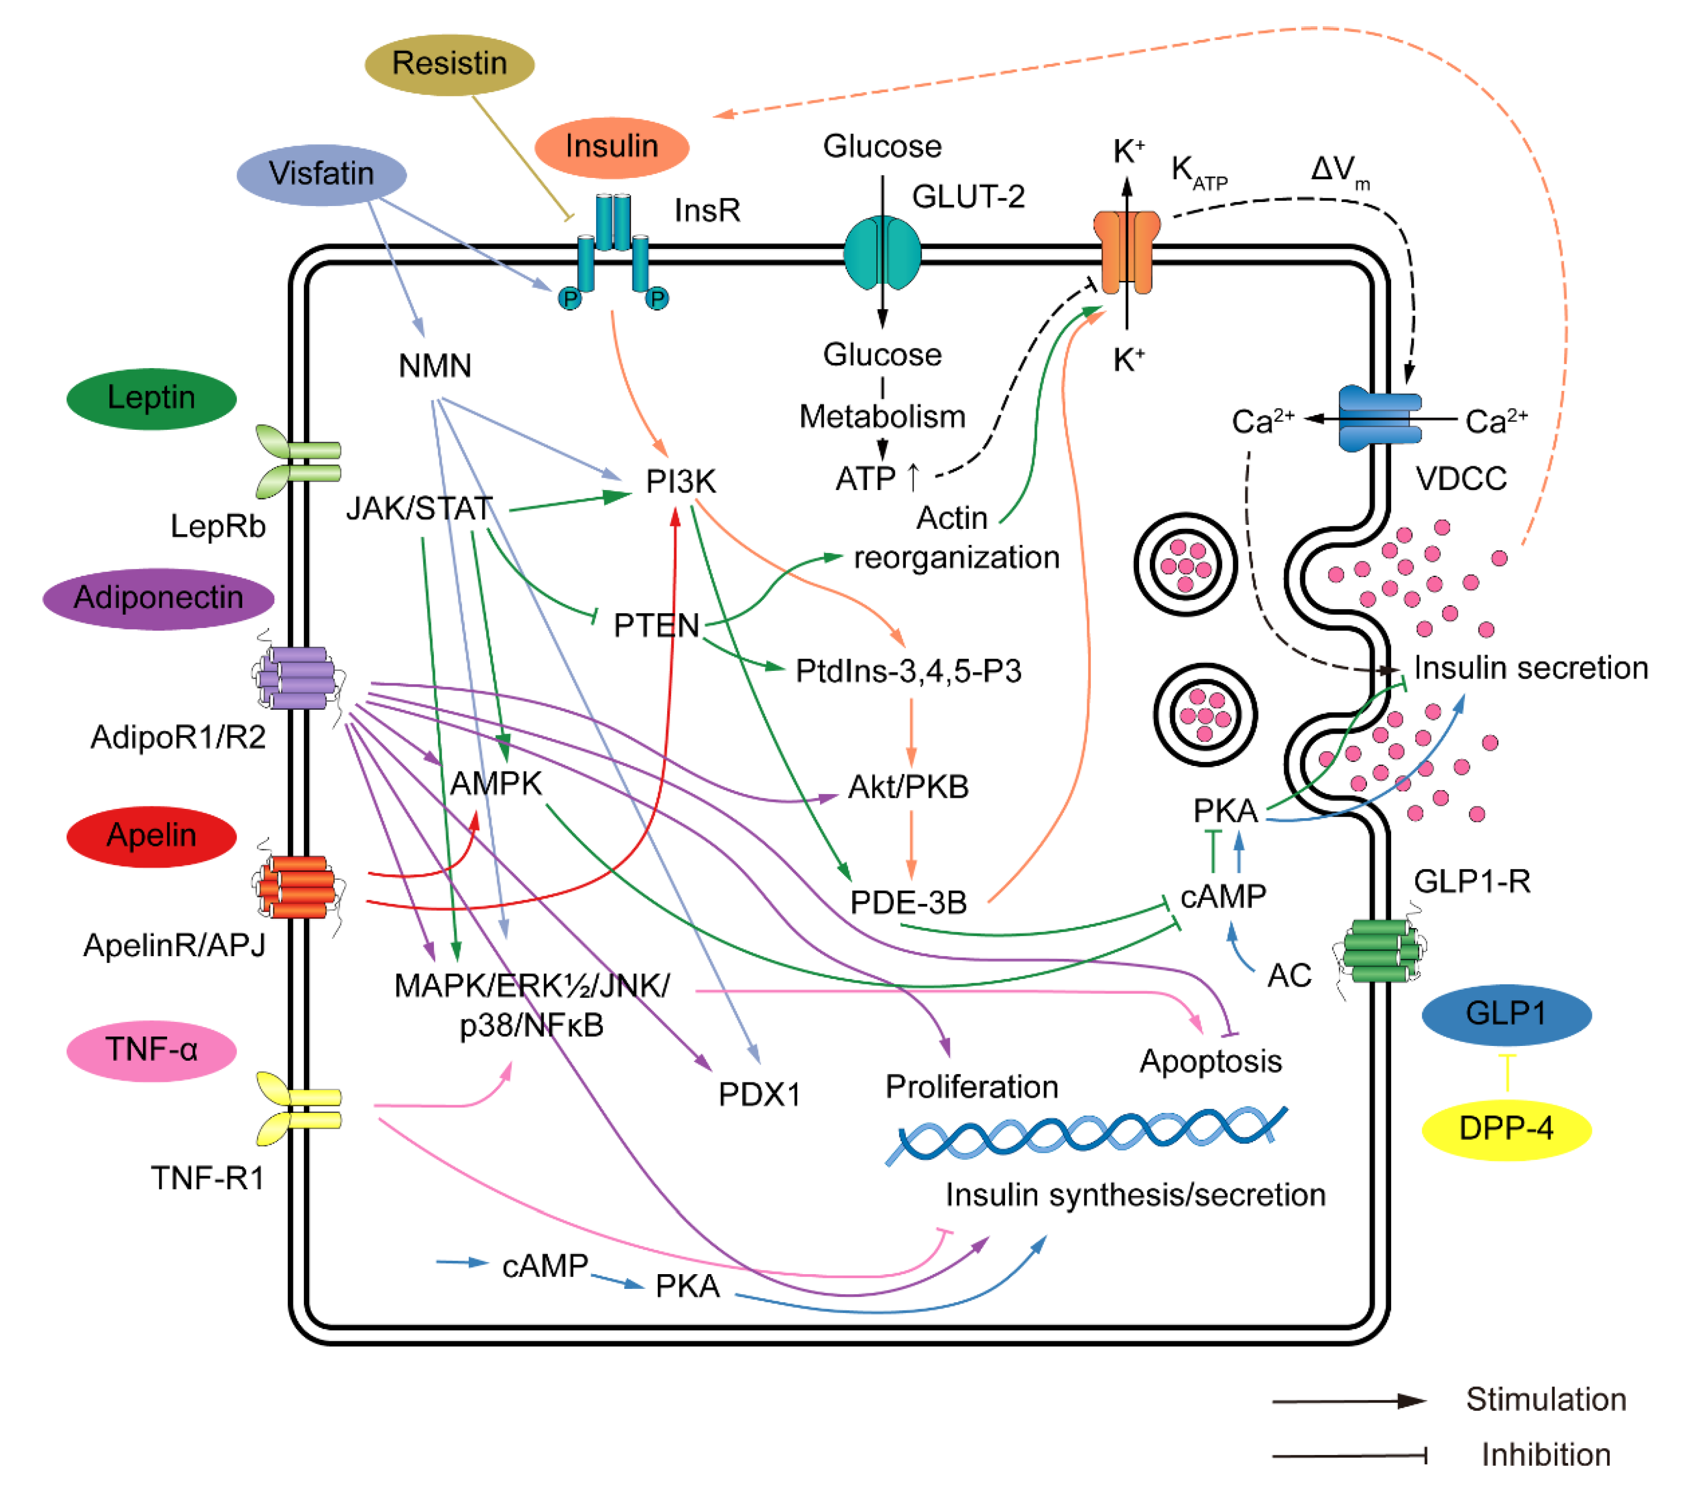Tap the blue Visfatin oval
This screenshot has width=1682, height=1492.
(321, 174)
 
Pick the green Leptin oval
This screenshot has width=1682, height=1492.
(151, 398)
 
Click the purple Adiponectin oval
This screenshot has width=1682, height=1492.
(158, 598)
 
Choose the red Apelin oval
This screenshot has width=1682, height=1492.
(151, 835)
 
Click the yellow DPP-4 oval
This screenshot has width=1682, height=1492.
(1506, 1128)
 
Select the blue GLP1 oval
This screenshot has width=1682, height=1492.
(1506, 1013)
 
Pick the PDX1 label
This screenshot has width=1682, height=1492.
(759, 1095)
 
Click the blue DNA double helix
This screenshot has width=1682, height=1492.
(1086, 1135)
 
